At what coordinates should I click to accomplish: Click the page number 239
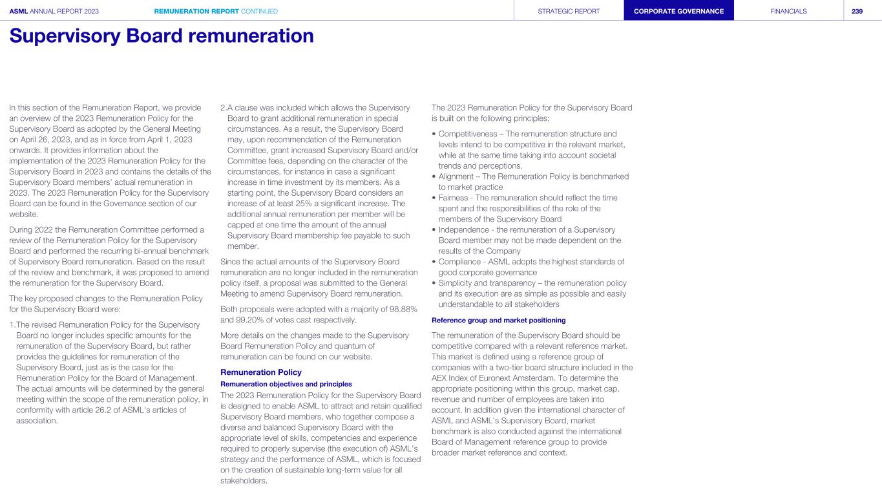point(857,11)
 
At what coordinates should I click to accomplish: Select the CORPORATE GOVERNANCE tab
point(678,11)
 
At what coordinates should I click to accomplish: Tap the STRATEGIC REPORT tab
point(569,11)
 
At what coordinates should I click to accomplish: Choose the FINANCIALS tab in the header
point(788,11)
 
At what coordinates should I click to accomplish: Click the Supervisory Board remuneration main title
point(162,36)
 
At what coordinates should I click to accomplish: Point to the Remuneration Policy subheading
point(261,372)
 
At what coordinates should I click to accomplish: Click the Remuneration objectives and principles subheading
point(286,384)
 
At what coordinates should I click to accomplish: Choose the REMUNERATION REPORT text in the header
point(196,11)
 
